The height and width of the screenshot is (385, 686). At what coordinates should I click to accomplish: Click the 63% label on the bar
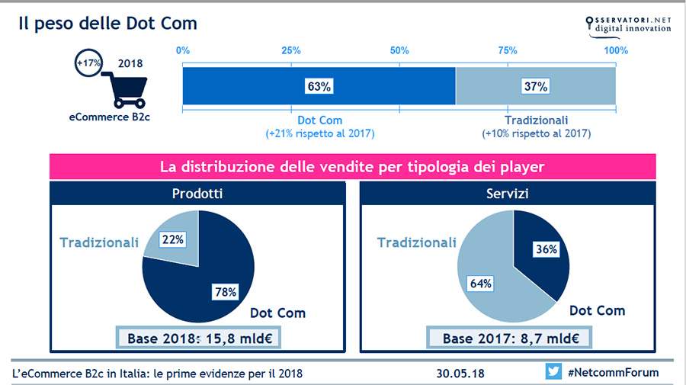click(319, 86)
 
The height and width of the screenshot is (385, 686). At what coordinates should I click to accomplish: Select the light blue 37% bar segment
click(536, 85)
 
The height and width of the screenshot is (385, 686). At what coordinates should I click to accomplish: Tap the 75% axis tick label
click(508, 50)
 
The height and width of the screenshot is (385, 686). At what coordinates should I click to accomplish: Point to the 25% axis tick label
click(291, 50)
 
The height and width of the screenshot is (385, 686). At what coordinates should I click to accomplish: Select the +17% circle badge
click(89, 63)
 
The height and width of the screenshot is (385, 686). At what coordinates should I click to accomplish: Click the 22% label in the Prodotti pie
click(173, 239)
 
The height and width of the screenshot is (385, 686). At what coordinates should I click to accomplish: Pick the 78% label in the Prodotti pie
click(226, 291)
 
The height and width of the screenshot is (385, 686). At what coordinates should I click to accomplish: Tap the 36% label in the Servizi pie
click(547, 249)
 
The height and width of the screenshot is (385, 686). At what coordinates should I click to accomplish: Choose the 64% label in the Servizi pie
click(480, 284)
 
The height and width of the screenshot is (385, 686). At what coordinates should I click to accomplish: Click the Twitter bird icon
click(553, 371)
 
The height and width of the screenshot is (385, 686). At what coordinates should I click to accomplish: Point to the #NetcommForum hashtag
click(613, 372)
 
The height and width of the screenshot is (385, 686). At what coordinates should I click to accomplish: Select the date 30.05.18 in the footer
click(460, 374)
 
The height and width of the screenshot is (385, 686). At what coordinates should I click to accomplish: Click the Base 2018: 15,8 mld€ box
click(198, 338)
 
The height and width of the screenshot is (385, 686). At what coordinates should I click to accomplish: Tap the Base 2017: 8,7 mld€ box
click(509, 338)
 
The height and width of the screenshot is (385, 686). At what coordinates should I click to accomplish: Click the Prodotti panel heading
click(197, 194)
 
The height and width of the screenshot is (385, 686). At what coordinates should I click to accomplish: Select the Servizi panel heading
click(508, 194)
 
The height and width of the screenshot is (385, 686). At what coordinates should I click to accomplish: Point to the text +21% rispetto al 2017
click(320, 133)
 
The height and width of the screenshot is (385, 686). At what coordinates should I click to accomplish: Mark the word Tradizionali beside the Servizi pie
click(416, 242)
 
